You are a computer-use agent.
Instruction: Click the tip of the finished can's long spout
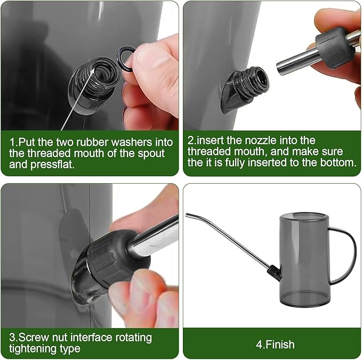coord(187,215)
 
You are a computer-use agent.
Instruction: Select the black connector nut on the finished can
coord(274,272)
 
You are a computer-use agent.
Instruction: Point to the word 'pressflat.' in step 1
coord(53,165)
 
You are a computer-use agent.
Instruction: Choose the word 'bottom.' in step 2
coord(338,162)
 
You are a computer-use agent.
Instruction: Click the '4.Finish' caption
coord(275,345)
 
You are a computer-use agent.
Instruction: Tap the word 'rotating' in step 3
coord(134,338)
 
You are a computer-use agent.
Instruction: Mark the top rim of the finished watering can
coord(304,215)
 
